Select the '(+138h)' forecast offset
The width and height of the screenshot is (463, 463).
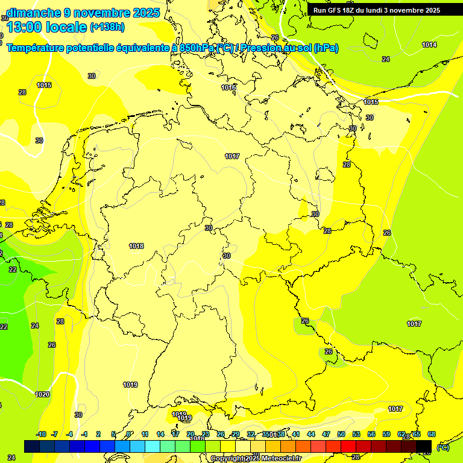(x=107, y=27)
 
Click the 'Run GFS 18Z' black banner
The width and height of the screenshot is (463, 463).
(x=377, y=10)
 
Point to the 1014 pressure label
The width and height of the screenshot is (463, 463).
(x=429, y=45)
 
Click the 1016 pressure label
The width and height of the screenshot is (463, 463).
(x=228, y=88)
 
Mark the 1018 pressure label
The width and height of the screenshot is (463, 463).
(x=136, y=246)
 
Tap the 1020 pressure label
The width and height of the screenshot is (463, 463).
(x=42, y=394)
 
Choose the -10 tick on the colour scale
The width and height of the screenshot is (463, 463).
(x=42, y=434)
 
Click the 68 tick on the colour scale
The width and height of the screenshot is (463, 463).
(x=432, y=434)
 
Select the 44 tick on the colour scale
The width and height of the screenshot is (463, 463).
(x=311, y=434)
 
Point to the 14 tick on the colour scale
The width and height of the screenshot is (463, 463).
(x=160, y=434)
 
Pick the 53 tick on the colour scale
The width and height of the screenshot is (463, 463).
(x=356, y=434)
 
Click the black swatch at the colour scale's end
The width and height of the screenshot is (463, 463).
(x=424, y=446)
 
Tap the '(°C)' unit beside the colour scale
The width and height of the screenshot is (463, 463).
(x=443, y=447)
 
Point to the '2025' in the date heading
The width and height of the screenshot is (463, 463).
(x=145, y=12)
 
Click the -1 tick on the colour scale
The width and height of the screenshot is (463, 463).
(x=85, y=434)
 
